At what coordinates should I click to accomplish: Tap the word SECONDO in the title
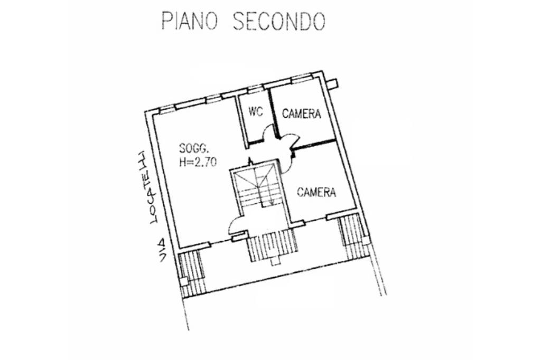(x=278, y=21)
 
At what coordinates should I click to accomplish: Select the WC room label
(x=256, y=111)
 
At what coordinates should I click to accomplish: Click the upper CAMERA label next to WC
(x=301, y=113)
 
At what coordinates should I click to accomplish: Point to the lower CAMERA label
(x=316, y=192)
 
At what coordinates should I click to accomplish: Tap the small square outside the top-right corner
(x=333, y=83)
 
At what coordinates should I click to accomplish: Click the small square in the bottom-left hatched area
(x=184, y=281)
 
